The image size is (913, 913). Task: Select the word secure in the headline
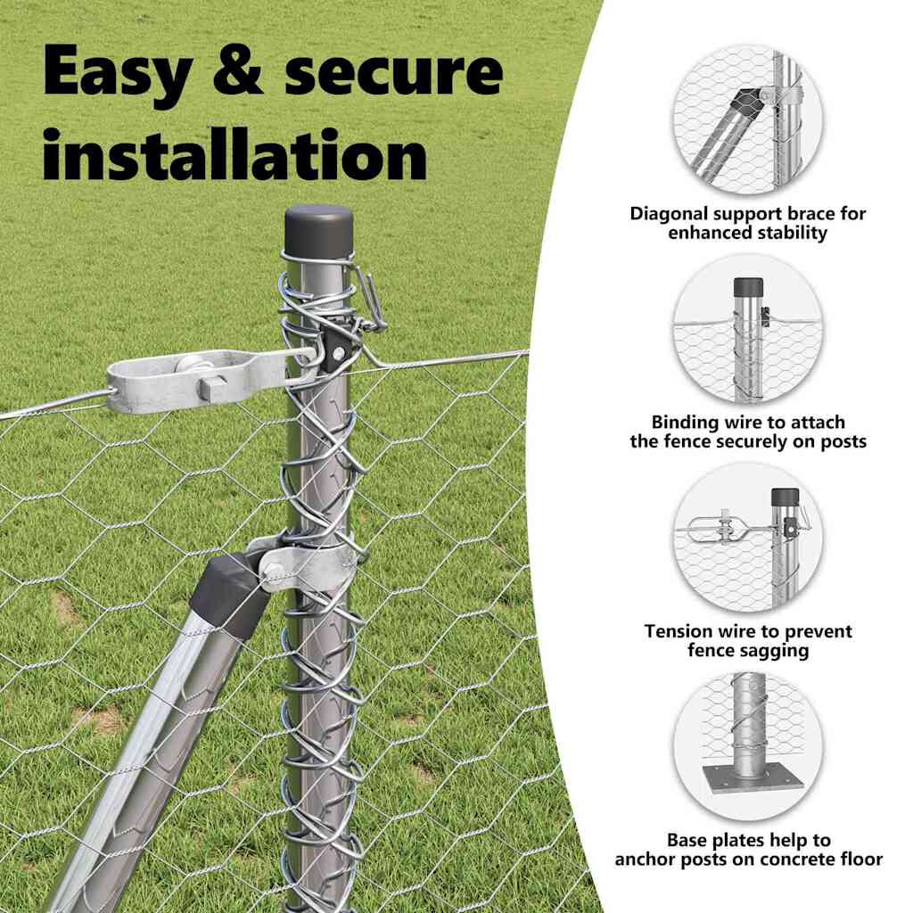[x=393, y=71]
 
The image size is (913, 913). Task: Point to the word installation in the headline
[x=235, y=153]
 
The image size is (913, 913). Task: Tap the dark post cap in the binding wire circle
[x=748, y=287]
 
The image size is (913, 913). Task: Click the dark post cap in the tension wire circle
[x=785, y=497]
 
